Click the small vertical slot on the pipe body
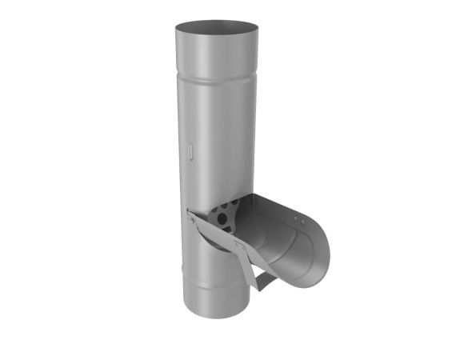point(190,150)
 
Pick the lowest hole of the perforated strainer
point(229,226)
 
